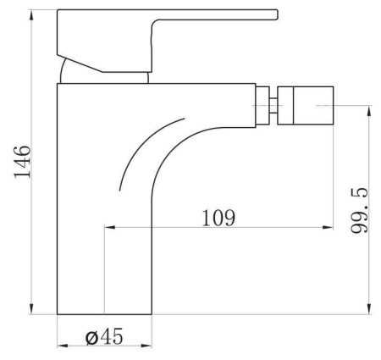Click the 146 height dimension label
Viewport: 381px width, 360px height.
[x=22, y=162]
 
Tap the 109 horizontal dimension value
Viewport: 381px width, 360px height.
[x=218, y=218]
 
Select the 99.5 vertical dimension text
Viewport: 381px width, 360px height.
[x=360, y=210]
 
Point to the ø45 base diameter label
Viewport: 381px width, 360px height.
[x=104, y=336]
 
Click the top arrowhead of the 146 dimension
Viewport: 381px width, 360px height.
[x=31, y=14]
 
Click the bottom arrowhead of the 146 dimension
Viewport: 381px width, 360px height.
[x=31, y=309]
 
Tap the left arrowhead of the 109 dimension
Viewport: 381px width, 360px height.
[x=110, y=227]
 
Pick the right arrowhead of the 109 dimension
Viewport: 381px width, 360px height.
[x=328, y=227]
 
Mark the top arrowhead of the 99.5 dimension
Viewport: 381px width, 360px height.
[x=368, y=111]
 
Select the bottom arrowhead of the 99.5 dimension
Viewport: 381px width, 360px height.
[x=368, y=309]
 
